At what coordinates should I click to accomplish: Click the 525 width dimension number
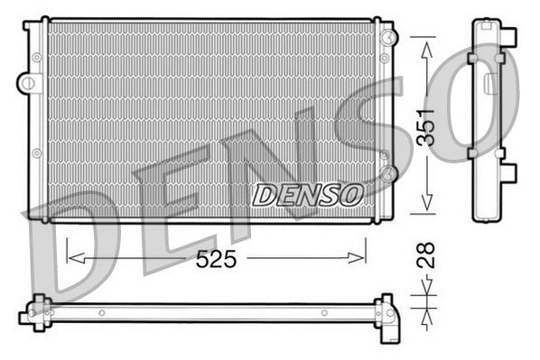(216, 259)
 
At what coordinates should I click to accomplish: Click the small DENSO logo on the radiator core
(307, 194)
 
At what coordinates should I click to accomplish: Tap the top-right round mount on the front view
(387, 37)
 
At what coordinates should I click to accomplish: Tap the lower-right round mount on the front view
(386, 171)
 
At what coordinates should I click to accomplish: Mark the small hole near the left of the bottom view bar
(102, 313)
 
